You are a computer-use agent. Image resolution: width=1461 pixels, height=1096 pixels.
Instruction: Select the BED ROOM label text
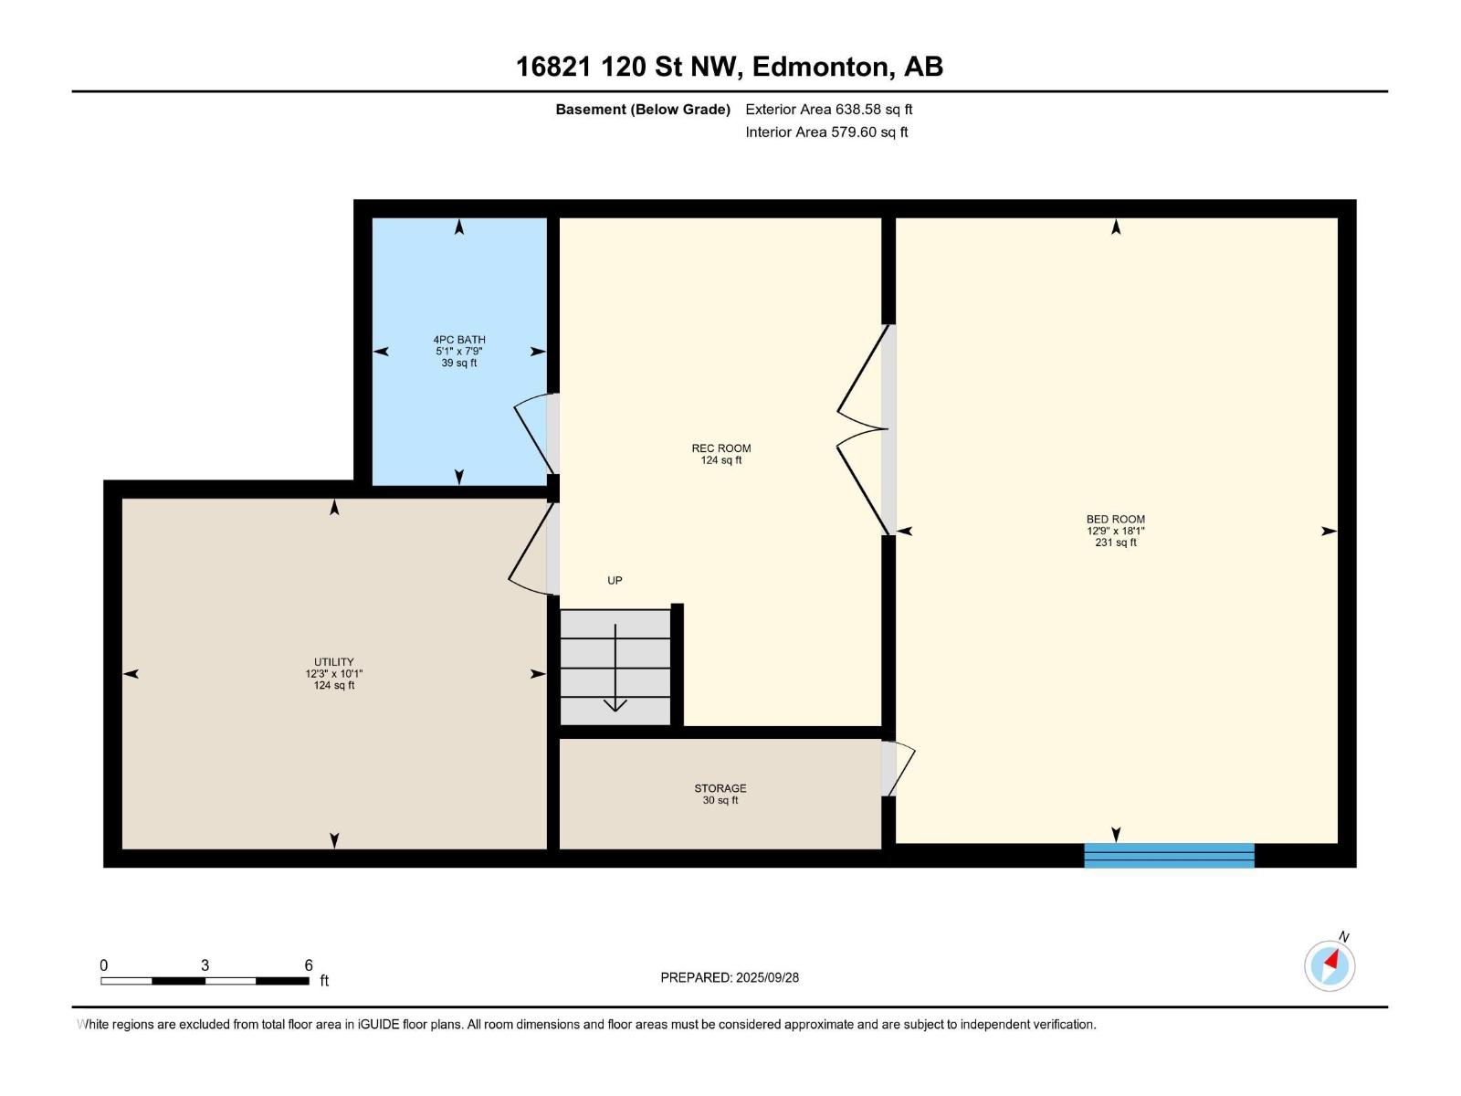tap(1115, 520)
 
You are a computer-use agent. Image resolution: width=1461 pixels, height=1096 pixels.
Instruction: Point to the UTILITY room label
tap(333, 662)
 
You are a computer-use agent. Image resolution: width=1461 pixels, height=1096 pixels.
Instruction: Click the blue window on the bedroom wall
tap(1169, 855)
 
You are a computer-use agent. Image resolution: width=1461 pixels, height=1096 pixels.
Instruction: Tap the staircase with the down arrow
tap(615, 668)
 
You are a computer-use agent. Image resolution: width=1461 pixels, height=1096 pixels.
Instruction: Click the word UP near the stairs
tap(615, 580)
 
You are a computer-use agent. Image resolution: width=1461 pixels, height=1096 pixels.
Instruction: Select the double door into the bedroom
tap(863, 429)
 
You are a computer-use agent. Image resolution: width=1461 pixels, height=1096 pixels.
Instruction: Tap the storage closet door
tap(899, 768)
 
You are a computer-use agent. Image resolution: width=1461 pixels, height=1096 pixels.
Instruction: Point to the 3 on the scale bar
tap(205, 965)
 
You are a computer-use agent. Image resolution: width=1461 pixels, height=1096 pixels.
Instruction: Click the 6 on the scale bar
tap(309, 965)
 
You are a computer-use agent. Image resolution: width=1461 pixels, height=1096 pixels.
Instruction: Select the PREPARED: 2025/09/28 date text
tap(730, 977)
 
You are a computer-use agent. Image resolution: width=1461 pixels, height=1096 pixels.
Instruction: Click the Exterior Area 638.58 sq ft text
tap(828, 110)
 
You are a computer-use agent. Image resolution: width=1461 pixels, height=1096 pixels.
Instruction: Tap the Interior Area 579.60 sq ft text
tap(826, 132)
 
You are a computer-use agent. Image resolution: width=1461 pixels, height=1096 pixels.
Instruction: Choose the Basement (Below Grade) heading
tap(643, 110)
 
